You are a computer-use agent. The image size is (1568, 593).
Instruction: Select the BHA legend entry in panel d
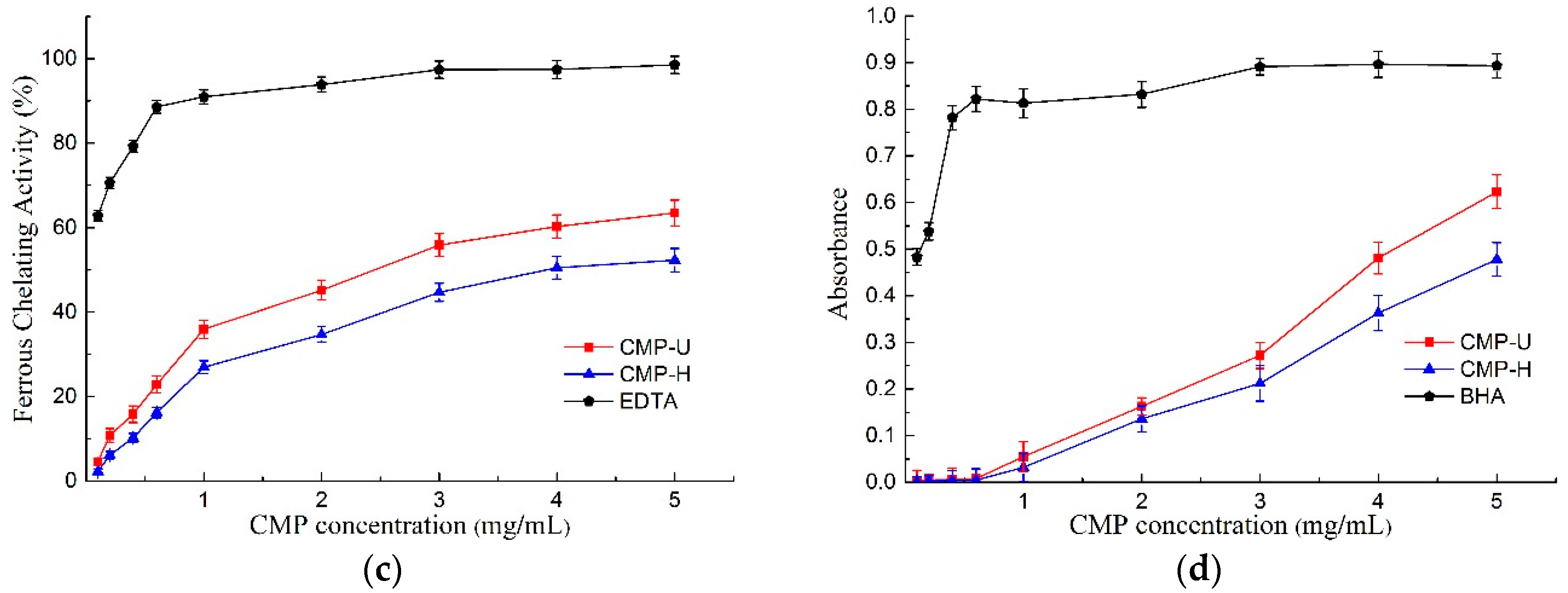pos(1482,396)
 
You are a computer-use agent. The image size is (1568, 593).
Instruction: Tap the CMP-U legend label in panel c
pos(654,347)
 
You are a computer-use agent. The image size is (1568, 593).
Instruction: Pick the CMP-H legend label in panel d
pos(1495,369)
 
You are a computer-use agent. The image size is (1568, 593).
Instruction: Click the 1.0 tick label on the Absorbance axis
pos(880,16)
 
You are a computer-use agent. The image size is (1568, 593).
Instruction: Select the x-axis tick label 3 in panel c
pos(439,500)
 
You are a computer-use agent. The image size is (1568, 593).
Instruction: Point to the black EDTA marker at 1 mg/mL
pos(204,96)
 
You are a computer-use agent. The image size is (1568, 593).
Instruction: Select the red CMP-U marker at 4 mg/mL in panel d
pos(1378,258)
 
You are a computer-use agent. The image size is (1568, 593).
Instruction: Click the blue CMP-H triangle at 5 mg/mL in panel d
pos(1496,259)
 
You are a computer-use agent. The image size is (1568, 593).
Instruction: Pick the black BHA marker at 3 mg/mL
pos(1260,67)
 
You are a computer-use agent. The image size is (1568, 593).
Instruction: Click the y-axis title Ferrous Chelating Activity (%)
pos(24,250)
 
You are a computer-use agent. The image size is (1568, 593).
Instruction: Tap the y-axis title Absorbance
pos(839,253)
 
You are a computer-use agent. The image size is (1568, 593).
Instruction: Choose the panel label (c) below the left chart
pos(382,570)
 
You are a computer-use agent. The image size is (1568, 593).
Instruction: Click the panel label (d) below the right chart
pos(1199,570)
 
